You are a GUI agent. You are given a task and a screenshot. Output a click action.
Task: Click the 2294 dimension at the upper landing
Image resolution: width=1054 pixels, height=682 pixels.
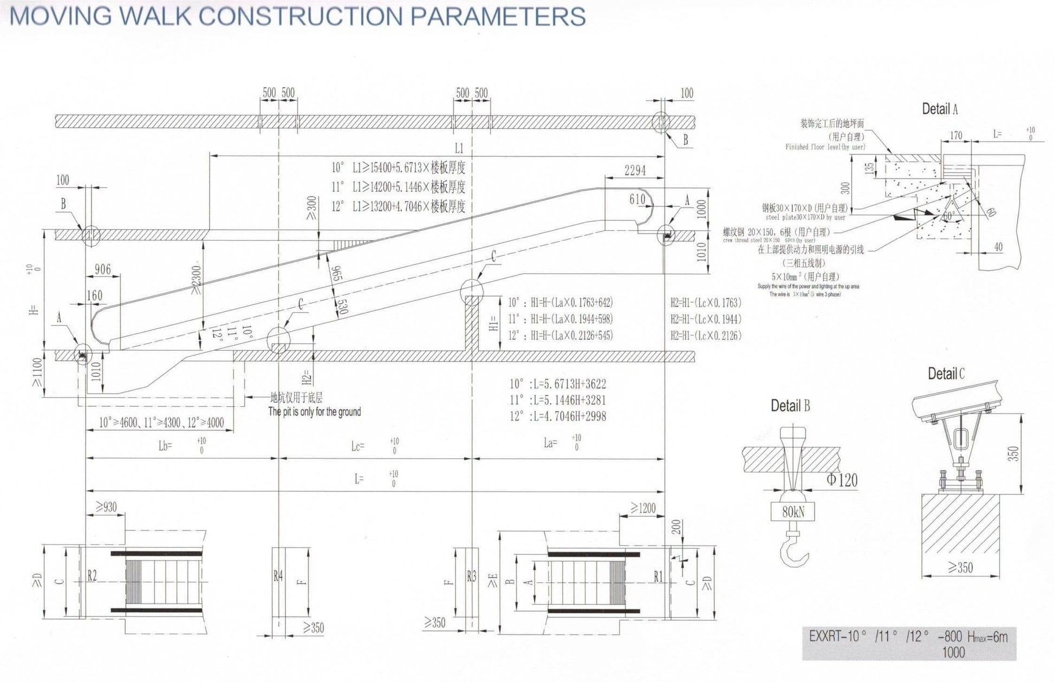click(635, 171)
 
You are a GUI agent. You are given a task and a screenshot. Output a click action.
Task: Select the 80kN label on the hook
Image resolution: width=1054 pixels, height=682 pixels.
click(793, 511)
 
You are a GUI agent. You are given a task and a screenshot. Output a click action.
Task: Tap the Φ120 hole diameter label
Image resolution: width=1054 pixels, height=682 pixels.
click(842, 480)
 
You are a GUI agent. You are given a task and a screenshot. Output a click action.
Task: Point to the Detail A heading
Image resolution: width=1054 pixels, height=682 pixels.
click(940, 109)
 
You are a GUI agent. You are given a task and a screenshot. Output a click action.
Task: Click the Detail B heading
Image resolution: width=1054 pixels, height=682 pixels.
click(790, 406)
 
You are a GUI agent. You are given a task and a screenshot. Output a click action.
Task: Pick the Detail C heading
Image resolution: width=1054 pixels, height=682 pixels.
click(946, 374)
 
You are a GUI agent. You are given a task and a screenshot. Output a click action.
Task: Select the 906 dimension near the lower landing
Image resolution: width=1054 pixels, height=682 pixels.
click(102, 269)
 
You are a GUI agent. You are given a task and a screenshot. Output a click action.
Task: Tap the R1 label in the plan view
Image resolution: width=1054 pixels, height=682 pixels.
click(658, 577)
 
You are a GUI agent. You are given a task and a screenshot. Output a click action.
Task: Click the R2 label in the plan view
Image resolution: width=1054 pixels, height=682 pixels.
click(92, 576)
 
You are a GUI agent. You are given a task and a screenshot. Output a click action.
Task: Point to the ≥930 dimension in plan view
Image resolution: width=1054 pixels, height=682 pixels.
click(106, 507)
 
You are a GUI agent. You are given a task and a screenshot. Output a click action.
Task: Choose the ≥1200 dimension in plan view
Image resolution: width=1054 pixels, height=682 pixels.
click(643, 508)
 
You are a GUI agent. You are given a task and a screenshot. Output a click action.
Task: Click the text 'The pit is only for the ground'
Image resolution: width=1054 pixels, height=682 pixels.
click(314, 412)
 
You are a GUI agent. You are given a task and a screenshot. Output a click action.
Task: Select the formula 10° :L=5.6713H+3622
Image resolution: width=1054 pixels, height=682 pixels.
click(557, 384)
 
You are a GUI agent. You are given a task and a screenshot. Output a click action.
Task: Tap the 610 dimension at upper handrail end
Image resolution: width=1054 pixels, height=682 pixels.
click(637, 199)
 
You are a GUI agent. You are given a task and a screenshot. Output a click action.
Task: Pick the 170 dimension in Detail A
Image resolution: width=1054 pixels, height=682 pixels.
click(956, 135)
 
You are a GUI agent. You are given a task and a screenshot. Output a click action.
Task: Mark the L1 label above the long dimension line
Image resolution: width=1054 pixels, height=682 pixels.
click(459, 148)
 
